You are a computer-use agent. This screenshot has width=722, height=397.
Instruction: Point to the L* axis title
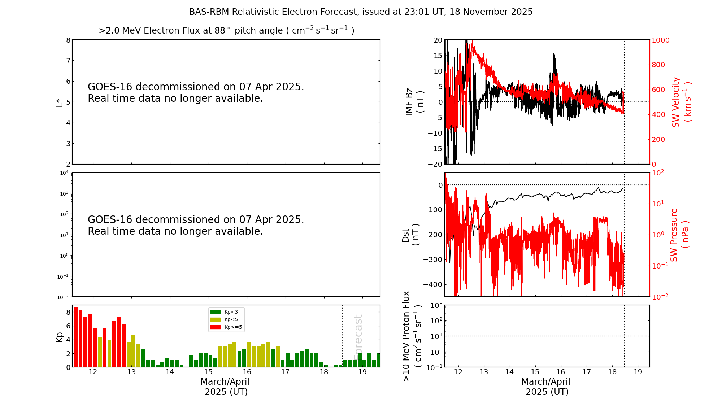(x=59, y=102)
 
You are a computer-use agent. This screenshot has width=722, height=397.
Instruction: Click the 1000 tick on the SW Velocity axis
(x=660, y=40)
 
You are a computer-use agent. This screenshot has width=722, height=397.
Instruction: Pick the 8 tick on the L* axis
(x=68, y=40)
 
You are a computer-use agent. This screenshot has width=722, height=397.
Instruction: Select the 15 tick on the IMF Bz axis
(x=438, y=56)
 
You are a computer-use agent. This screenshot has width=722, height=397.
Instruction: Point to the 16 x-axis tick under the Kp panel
(x=247, y=372)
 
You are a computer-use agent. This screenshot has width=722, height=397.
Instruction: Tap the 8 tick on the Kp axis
(x=68, y=312)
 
